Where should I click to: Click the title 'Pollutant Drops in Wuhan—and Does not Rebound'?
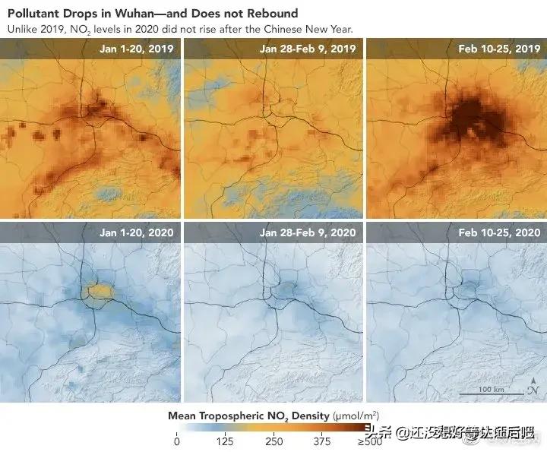pos(153,14)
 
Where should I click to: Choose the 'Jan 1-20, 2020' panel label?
pos(137,232)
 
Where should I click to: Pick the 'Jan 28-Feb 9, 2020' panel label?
pos(308,232)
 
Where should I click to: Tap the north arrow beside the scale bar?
pos(532,390)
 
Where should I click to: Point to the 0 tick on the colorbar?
pos(177,442)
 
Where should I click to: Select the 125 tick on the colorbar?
pos(224,442)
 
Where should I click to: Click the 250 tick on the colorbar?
pos(273,442)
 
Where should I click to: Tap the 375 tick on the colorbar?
pos(322,442)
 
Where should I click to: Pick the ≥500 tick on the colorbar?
pos(371,442)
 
